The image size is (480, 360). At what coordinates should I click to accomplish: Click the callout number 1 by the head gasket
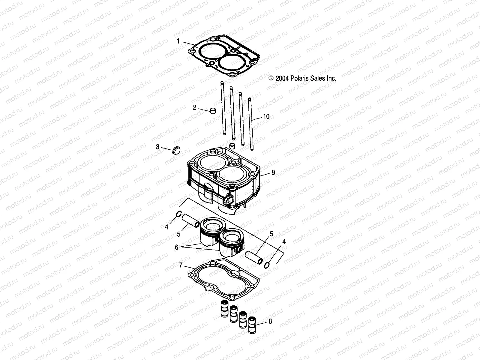(178, 41)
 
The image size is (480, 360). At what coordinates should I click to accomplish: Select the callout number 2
(195, 107)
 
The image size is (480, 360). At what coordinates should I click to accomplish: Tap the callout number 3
(157, 147)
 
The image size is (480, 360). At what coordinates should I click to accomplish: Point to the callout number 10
(266, 116)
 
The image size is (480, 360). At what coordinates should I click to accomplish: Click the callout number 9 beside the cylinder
(273, 173)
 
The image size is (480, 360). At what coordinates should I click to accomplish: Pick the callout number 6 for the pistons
(177, 247)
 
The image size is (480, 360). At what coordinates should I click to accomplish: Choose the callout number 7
(181, 265)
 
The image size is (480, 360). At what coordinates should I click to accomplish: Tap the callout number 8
(270, 322)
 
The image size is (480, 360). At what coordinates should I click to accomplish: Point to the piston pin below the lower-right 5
(254, 256)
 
